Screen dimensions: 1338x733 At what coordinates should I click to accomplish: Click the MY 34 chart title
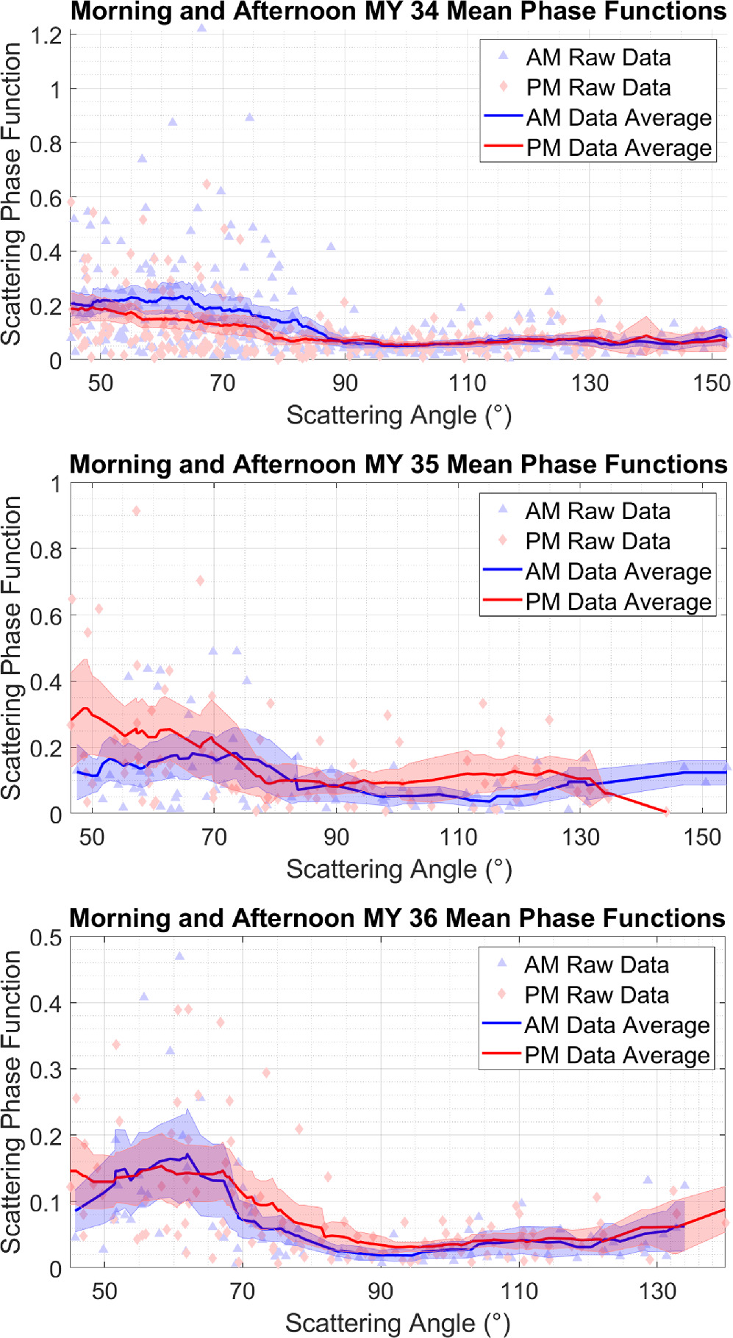coord(398,11)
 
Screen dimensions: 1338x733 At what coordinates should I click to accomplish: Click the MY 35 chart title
coord(398,465)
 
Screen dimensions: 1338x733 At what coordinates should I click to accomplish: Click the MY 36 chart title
coord(397,918)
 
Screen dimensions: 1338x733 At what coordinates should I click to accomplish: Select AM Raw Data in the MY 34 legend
coord(598,57)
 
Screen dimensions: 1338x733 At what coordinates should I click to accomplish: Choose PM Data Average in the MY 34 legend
coord(618,148)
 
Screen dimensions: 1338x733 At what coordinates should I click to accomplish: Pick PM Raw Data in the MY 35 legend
coord(597,541)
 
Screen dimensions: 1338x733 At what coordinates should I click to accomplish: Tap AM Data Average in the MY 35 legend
coord(618,571)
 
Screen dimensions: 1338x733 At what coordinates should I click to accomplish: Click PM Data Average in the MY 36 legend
coord(616,1055)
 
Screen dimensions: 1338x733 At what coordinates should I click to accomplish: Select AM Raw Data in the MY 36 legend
coord(596,965)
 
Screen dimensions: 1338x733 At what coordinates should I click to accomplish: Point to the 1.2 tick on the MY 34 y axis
coord(46,35)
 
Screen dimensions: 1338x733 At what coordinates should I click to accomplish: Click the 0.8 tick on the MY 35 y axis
coord(46,550)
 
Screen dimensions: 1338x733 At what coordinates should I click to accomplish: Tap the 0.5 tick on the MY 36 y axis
coord(46,938)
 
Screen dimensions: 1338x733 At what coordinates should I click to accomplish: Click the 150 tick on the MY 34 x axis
coord(711,383)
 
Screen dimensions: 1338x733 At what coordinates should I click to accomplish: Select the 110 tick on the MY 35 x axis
coord(458,837)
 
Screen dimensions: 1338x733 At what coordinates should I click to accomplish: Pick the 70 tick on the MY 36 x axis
coord(242,1291)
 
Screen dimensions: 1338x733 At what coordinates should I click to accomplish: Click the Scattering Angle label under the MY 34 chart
coord(398,415)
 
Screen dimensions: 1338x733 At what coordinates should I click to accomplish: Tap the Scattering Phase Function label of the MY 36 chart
coord(11,1101)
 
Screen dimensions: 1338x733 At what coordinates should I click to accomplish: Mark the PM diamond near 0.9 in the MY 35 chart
coord(136,511)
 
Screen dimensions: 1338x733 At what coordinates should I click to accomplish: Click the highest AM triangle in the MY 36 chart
coord(179,956)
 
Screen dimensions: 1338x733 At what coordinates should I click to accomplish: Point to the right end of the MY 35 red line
coord(666,812)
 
